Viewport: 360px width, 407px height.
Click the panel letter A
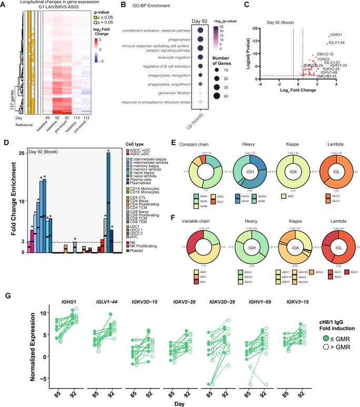[x=4, y=4]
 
